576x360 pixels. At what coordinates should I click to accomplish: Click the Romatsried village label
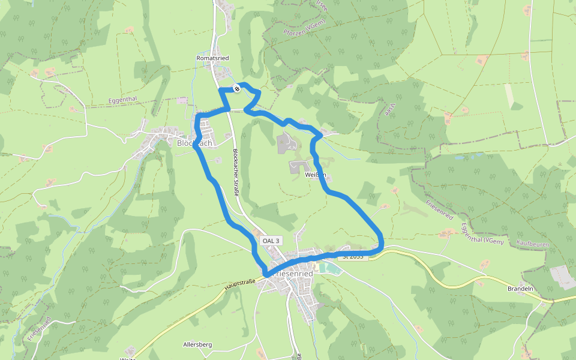point(212,58)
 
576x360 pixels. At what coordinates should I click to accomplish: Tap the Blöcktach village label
point(194,143)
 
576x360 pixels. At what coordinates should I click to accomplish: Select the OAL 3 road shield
point(271,241)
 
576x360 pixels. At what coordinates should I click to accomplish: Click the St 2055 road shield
point(353,256)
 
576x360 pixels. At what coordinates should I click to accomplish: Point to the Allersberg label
point(197,345)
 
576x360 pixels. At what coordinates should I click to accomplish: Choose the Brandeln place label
point(520,289)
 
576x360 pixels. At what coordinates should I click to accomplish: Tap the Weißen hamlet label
point(315,175)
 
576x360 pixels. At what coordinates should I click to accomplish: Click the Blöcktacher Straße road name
point(236,173)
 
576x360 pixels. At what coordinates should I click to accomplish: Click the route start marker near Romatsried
point(237,89)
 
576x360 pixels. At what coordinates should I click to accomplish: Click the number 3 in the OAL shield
point(277,241)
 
